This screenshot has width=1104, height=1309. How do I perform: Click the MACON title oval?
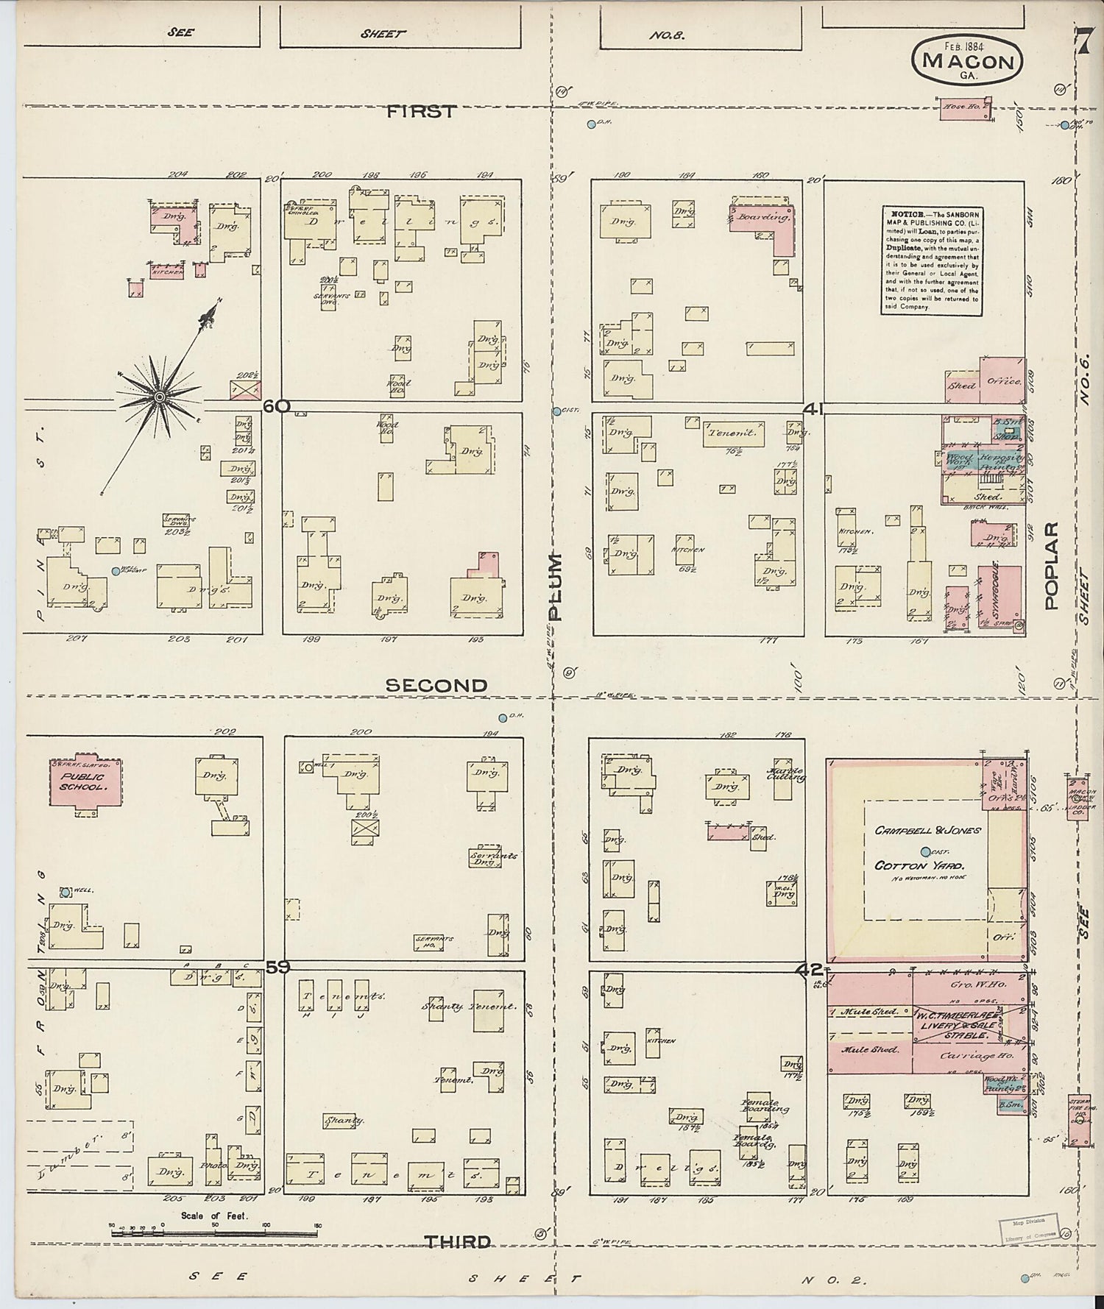(x=967, y=60)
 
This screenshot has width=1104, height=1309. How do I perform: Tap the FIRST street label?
(x=422, y=111)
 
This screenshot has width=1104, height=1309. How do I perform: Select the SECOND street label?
(x=436, y=685)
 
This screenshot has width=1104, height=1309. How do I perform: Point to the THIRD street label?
(x=456, y=1241)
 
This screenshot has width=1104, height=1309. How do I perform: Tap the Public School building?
(x=84, y=782)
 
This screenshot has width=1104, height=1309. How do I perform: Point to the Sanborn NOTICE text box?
(x=933, y=261)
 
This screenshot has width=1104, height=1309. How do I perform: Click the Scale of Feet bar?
(x=214, y=1232)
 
